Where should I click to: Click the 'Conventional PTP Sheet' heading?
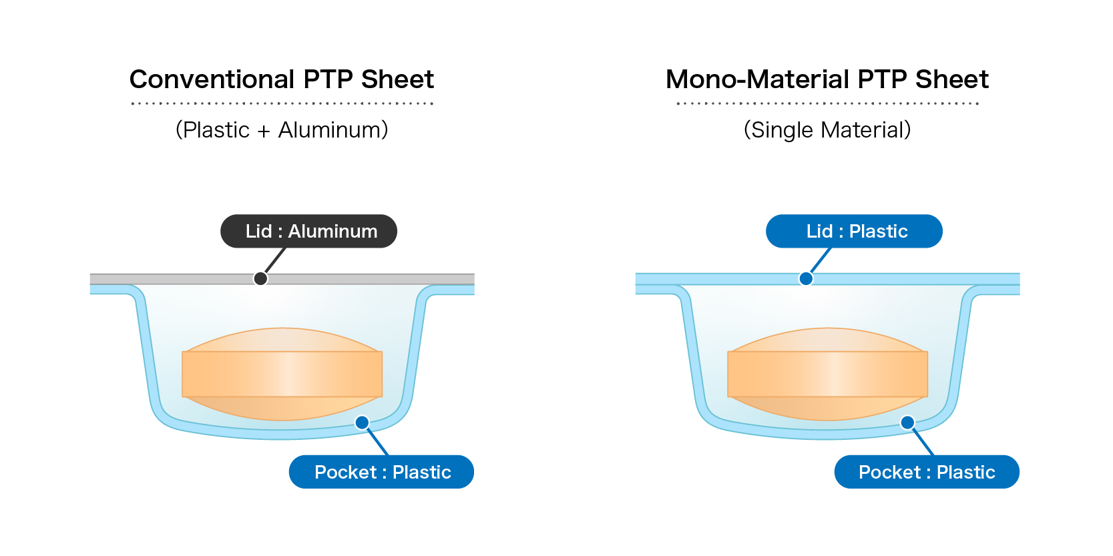(x=281, y=79)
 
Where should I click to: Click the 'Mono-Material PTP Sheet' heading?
(x=827, y=79)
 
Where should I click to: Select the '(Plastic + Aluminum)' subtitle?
(x=281, y=129)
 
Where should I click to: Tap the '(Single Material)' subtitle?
(x=827, y=129)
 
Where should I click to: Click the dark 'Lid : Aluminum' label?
(x=308, y=231)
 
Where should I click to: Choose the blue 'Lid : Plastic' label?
(x=854, y=231)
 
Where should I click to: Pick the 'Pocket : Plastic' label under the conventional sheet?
(x=381, y=472)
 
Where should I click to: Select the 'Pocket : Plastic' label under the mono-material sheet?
(x=927, y=472)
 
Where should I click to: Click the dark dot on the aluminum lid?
(x=260, y=278)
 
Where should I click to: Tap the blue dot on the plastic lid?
(x=806, y=278)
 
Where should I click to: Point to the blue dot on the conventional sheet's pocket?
(x=362, y=423)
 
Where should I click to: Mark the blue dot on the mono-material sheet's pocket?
(x=907, y=423)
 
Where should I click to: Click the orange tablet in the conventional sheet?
(x=282, y=374)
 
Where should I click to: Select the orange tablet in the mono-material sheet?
(x=827, y=374)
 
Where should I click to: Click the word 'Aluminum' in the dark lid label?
(x=332, y=231)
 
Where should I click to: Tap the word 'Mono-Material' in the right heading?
(x=758, y=79)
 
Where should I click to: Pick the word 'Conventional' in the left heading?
(x=212, y=79)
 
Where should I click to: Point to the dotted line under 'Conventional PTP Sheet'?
(x=282, y=103)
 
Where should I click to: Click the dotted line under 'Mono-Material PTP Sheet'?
(x=827, y=103)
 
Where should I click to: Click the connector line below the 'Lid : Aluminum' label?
(x=275, y=260)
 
